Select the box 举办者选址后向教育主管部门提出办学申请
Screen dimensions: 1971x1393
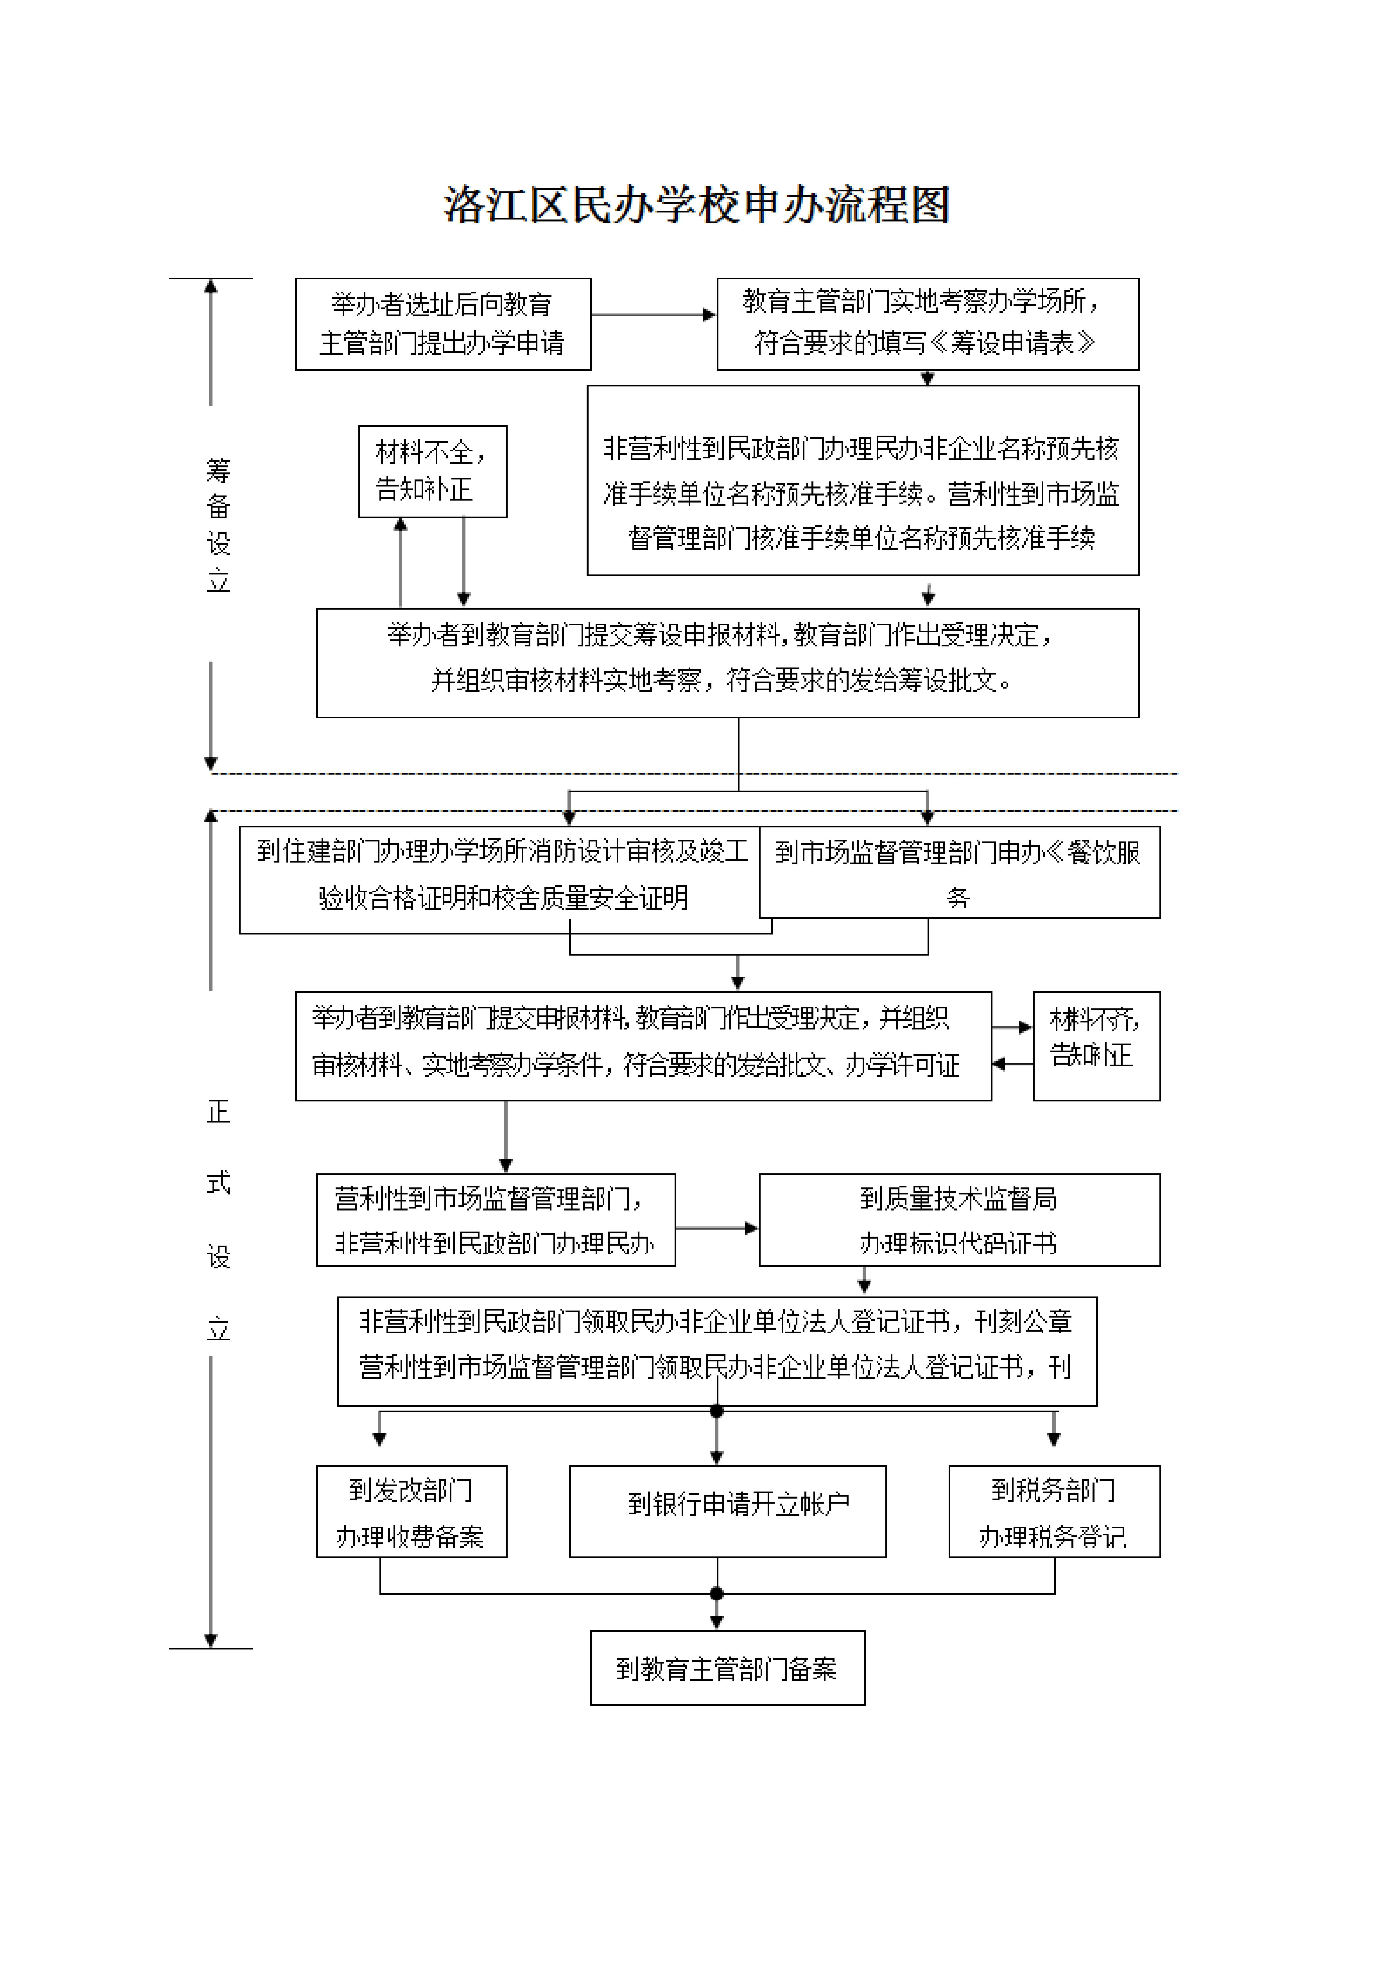pyautogui.click(x=443, y=324)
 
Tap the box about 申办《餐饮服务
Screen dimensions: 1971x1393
pyautogui.click(x=959, y=872)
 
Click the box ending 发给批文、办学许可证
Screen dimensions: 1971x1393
pyautogui.click(x=643, y=1046)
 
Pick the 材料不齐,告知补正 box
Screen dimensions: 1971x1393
pyautogui.click(x=1096, y=1046)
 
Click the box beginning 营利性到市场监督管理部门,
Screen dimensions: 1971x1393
pyautogui.click(x=495, y=1220)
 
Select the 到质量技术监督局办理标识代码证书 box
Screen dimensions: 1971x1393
pyautogui.click(x=959, y=1220)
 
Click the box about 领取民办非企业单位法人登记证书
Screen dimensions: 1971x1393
pyautogui.click(x=717, y=1351)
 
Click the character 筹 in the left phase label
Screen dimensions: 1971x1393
pyautogui.click(x=219, y=470)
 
